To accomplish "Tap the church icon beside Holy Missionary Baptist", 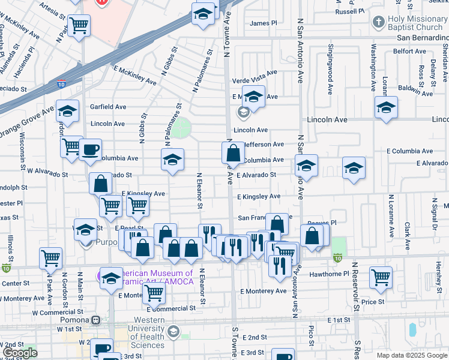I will (x=378, y=23).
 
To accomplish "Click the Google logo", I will (x=19, y=353).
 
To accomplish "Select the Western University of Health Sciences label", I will (x=148, y=337).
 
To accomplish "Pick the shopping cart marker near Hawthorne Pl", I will (x=381, y=277).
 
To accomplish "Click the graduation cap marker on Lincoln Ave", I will (x=386, y=108).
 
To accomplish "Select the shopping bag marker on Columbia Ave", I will (x=233, y=154).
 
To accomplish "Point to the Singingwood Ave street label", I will (x=330, y=70).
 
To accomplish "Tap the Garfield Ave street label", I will (x=108, y=107).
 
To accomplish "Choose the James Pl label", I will (x=264, y=23).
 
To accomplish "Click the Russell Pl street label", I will (x=350, y=11).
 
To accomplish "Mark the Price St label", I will (x=373, y=302).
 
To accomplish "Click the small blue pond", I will (x=412, y=329).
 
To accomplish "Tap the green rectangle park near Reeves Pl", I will (x=339, y=245).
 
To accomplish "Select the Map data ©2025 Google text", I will (x=412, y=355).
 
